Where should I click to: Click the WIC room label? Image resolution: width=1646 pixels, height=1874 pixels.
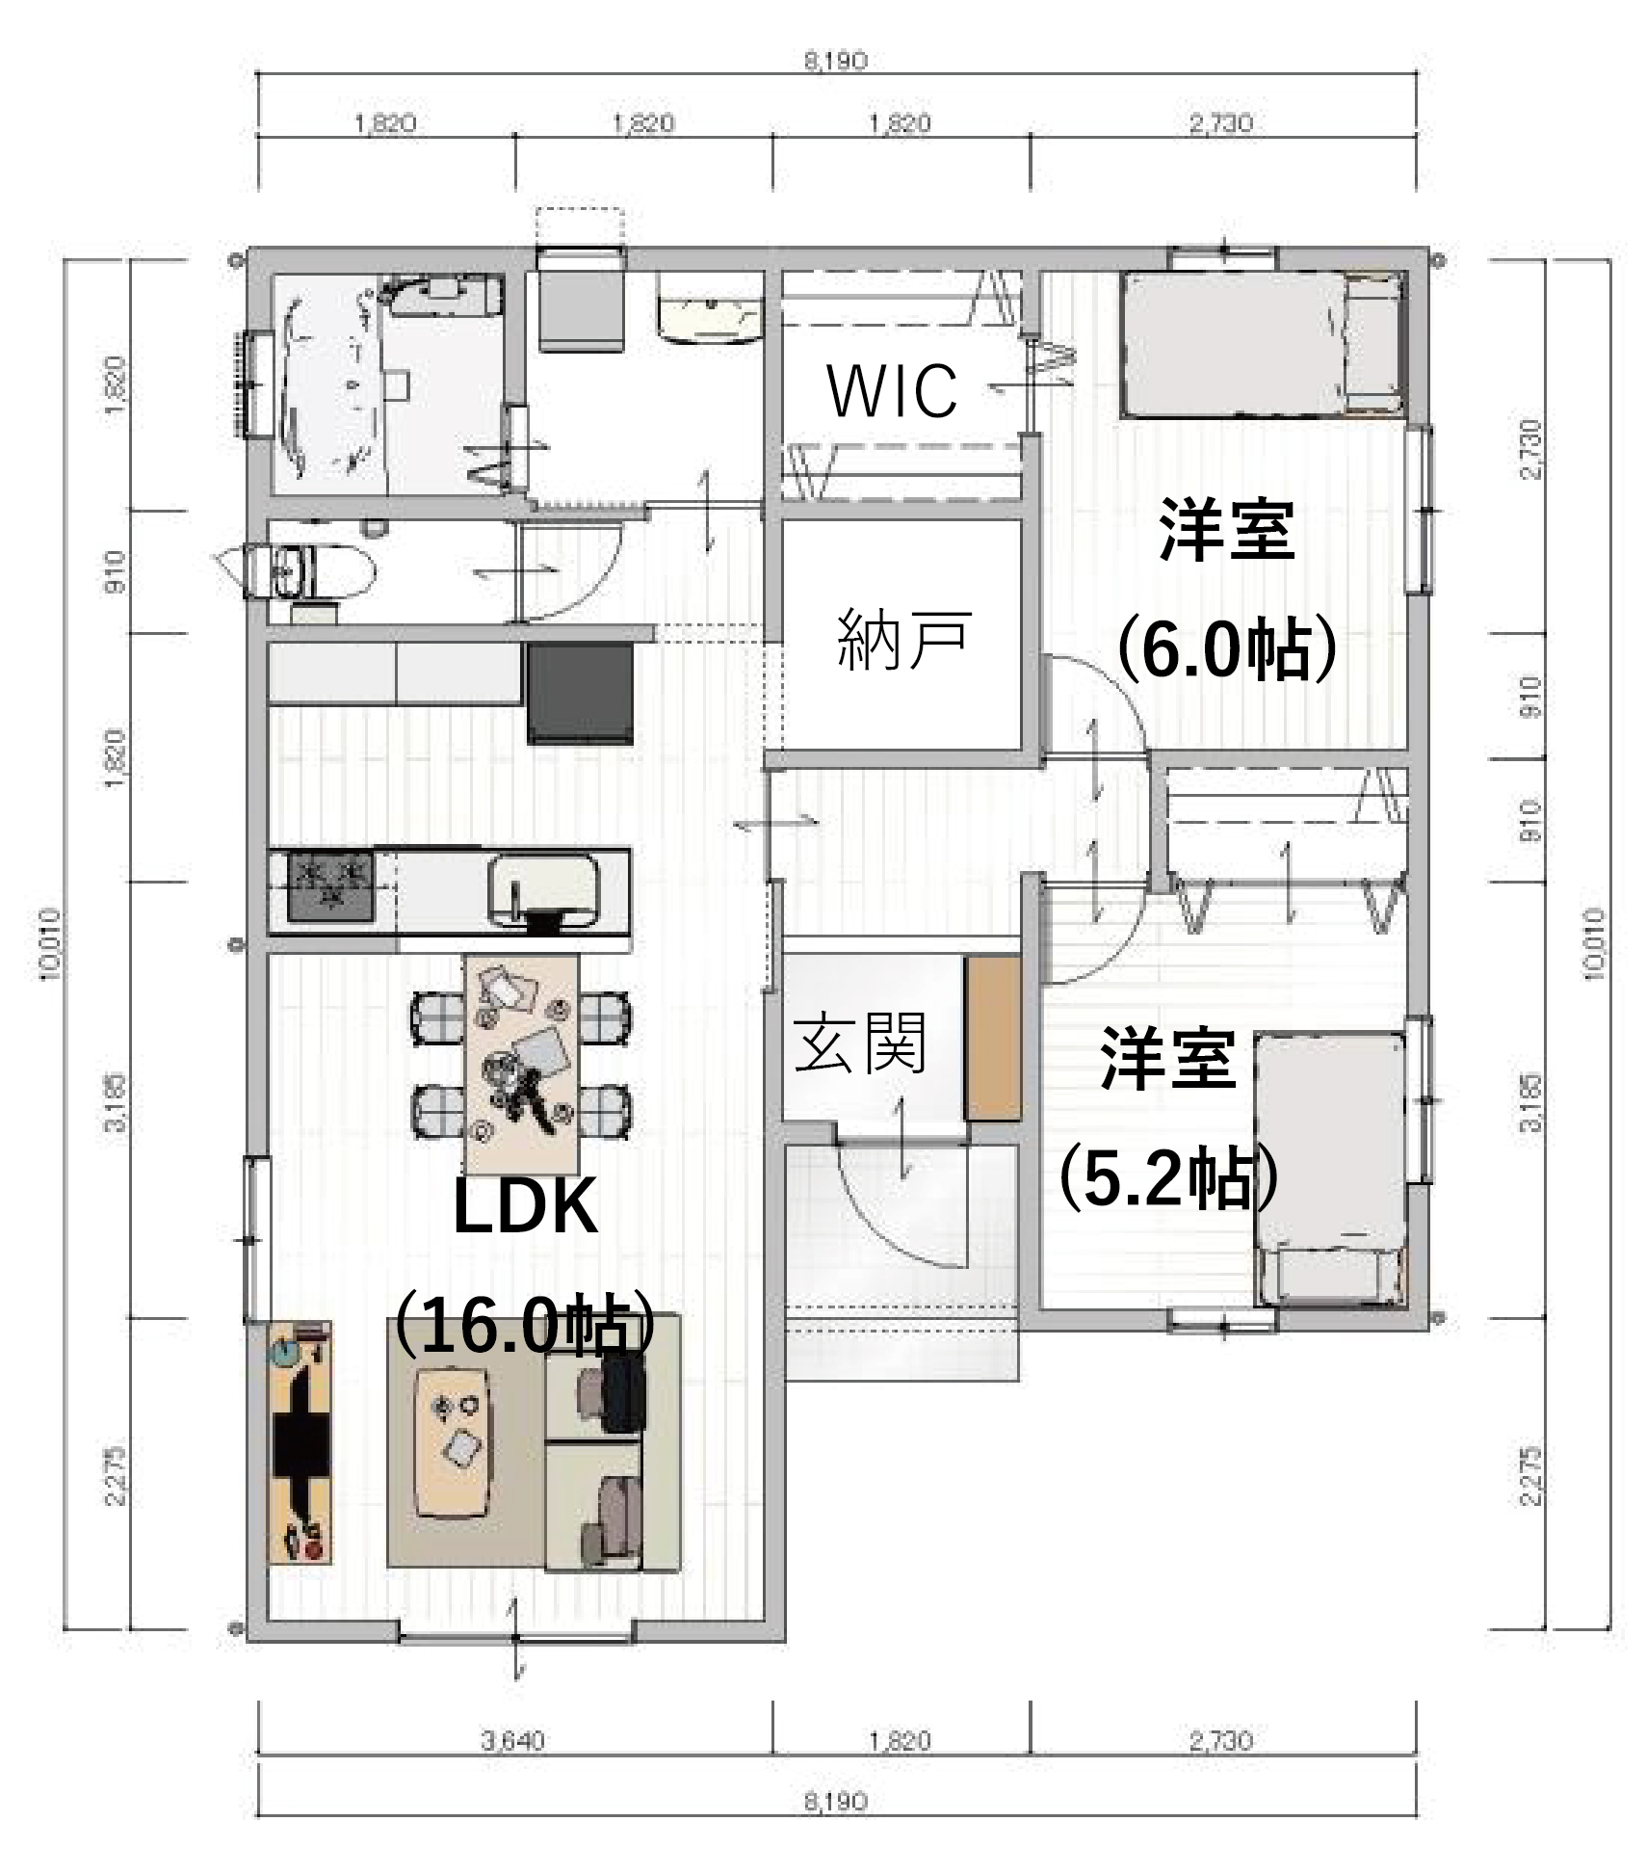click(892, 390)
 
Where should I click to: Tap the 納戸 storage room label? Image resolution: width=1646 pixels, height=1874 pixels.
click(902, 638)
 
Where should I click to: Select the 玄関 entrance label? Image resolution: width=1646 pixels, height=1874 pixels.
click(860, 1042)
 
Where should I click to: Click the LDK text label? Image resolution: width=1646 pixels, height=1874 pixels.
click(525, 1207)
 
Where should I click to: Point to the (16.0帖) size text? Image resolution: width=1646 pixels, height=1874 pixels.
click(525, 1326)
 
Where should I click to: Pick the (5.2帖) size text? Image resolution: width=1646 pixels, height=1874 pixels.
click(1168, 1178)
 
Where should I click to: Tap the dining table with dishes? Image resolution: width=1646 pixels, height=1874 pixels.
click(521, 1060)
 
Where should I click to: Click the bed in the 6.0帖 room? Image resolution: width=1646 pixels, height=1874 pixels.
click(1262, 345)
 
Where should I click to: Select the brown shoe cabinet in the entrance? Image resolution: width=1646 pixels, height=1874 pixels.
click(992, 1038)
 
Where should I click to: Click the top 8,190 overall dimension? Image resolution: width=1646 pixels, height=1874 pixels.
click(835, 62)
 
